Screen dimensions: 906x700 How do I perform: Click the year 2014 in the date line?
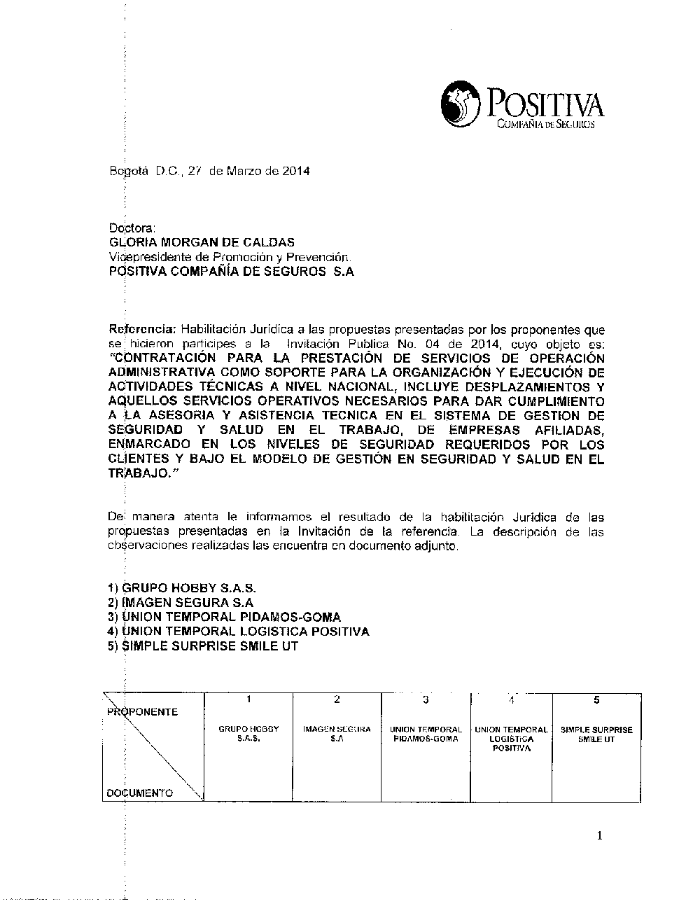[x=296, y=170]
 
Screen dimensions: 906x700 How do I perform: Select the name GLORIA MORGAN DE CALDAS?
[x=202, y=242]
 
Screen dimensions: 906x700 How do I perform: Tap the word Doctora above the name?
[x=132, y=228]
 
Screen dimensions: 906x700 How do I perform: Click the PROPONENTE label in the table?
[x=143, y=712]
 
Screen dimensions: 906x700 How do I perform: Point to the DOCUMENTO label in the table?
[x=140, y=793]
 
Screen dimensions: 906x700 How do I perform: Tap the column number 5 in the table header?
[x=596, y=699]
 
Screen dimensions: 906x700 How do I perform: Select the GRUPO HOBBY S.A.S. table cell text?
[x=248, y=734]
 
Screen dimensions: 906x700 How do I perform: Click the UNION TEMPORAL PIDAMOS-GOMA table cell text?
[x=426, y=734]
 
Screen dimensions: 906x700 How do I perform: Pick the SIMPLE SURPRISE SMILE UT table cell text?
[x=596, y=734]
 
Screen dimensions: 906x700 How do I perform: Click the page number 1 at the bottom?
[x=599, y=835]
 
